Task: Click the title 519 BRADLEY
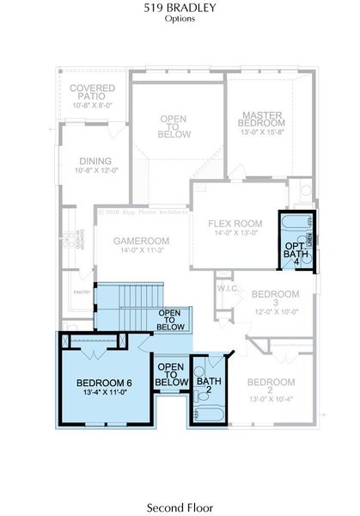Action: coord(180,7)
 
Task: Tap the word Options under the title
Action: coord(180,17)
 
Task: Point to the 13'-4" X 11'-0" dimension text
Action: coord(104,392)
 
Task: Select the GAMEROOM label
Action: coord(142,241)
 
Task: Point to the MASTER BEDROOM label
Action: coord(262,119)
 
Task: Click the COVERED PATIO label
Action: coord(87,92)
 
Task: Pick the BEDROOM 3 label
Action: coord(275,298)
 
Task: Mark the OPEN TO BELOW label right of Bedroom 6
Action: coord(171,375)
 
